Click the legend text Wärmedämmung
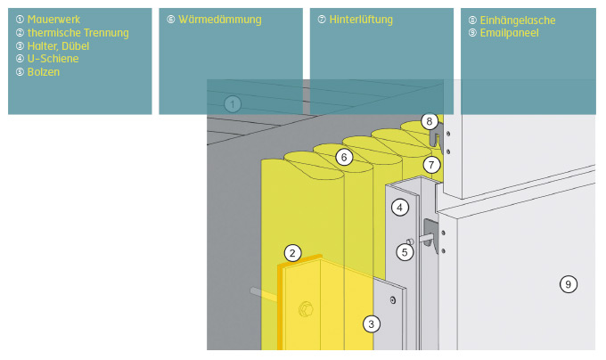[219, 19]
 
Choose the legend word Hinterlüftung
[361, 19]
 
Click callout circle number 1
[233, 104]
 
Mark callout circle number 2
[292, 252]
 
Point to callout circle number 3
[371, 323]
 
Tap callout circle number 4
[400, 208]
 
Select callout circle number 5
[405, 252]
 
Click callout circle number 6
[344, 157]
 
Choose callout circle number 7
[431, 165]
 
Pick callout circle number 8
[429, 121]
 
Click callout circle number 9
[568, 284]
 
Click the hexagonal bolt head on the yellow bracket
[307, 309]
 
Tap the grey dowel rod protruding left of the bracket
[264, 292]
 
